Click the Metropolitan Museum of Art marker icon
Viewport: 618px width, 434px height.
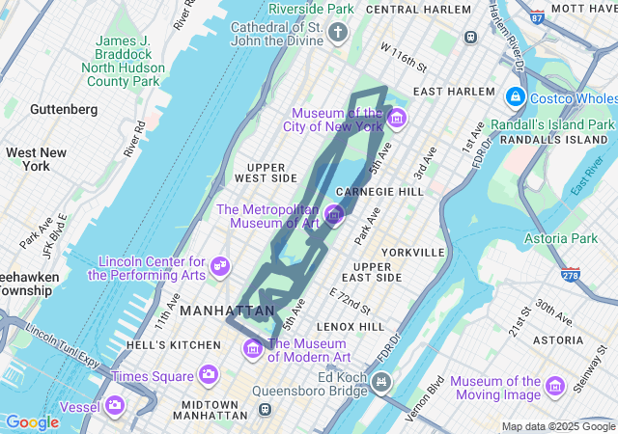click(333, 215)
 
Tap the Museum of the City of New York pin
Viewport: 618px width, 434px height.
click(397, 119)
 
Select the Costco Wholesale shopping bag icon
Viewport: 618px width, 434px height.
click(515, 98)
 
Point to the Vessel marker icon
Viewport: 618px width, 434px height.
click(116, 405)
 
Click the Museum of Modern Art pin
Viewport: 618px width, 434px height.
click(253, 347)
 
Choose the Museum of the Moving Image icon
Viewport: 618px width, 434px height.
click(555, 387)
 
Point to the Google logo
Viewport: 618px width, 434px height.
click(32, 421)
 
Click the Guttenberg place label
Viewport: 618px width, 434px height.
click(64, 110)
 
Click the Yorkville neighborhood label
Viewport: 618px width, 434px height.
click(412, 252)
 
